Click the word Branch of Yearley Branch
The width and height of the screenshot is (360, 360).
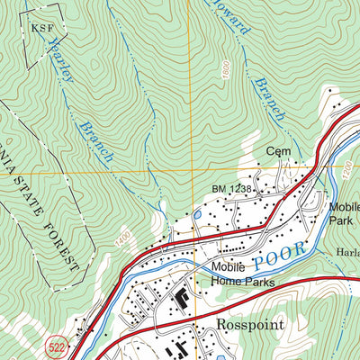97,139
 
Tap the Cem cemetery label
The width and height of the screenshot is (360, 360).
276,152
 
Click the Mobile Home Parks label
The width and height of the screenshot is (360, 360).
242,274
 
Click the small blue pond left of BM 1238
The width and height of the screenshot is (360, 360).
197,215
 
